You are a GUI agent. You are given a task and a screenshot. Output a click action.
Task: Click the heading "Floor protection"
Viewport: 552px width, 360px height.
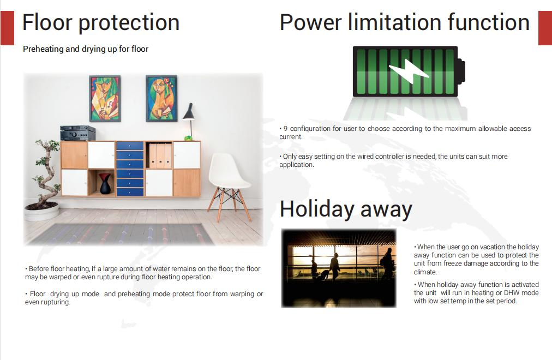click(101, 23)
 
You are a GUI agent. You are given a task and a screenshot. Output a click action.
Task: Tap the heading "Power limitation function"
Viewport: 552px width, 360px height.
click(404, 23)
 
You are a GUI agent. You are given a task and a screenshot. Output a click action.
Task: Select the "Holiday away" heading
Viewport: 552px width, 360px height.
click(346, 209)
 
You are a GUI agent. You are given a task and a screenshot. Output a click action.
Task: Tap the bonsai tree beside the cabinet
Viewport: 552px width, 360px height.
click(46, 175)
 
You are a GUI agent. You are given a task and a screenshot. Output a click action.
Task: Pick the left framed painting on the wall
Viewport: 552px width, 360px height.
click(105, 99)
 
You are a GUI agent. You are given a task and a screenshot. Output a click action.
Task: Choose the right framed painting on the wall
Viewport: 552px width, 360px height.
click(161, 99)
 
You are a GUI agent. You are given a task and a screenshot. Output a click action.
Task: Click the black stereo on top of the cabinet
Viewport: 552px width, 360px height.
click(77, 133)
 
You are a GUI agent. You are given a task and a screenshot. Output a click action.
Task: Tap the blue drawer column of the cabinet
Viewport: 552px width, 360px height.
click(130, 169)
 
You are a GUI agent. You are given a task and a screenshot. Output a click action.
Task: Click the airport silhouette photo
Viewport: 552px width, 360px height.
click(339, 267)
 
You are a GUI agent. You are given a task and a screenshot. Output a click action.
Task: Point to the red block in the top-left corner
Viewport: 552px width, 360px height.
click(7, 27)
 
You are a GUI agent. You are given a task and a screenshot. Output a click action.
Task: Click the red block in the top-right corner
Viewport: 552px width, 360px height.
click(545, 27)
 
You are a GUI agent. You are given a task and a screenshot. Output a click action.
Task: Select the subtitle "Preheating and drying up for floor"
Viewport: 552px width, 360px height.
click(86, 49)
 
